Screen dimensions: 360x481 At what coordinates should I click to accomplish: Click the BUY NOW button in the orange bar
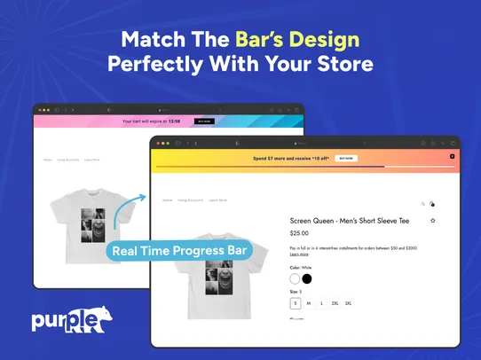click(x=345, y=158)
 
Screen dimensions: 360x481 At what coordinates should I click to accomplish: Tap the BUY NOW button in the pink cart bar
click(x=204, y=121)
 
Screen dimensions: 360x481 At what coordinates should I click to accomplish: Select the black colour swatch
click(x=307, y=278)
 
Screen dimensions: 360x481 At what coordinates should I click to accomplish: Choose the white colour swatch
click(x=296, y=278)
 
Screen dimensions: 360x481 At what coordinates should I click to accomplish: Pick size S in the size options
click(x=296, y=303)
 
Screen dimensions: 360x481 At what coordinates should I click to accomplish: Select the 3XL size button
click(x=348, y=303)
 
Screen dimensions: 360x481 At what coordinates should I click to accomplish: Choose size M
click(x=309, y=303)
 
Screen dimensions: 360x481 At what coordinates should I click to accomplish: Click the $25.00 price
click(x=299, y=233)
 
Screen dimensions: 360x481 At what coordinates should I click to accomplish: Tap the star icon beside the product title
click(x=432, y=220)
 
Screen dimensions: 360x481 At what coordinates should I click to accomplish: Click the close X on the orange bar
click(x=452, y=156)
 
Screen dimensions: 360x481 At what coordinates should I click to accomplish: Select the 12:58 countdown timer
click(x=174, y=121)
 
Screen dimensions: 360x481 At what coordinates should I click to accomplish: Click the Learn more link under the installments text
click(x=299, y=254)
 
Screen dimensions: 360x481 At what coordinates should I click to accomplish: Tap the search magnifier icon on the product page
click(x=422, y=203)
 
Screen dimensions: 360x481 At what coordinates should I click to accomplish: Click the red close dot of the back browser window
click(x=38, y=109)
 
